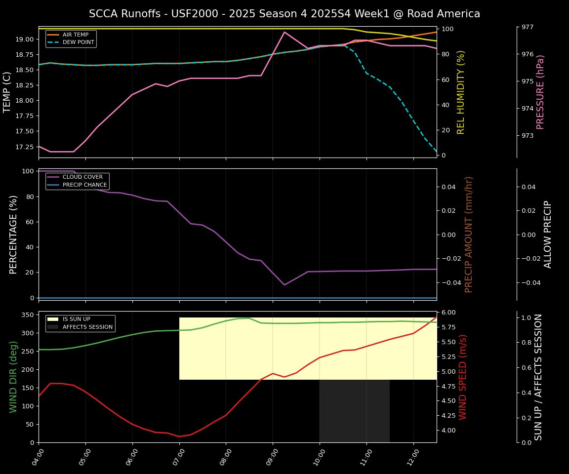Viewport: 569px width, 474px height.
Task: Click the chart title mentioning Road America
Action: coord(284,14)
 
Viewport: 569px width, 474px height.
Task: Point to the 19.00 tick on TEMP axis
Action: coord(24,39)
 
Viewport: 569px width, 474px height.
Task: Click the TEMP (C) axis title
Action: coord(7,92)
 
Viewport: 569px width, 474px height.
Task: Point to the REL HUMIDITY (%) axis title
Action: coord(461,92)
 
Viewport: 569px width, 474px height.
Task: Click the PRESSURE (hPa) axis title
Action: coord(540,92)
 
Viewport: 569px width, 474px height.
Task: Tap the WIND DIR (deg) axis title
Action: coord(13,377)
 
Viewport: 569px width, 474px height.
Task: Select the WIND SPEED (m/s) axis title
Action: coord(463,377)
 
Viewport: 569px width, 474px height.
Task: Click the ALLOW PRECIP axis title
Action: coord(548,234)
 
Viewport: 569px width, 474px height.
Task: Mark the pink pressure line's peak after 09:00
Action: coord(284,32)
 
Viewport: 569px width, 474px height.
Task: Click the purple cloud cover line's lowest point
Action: coord(284,285)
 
